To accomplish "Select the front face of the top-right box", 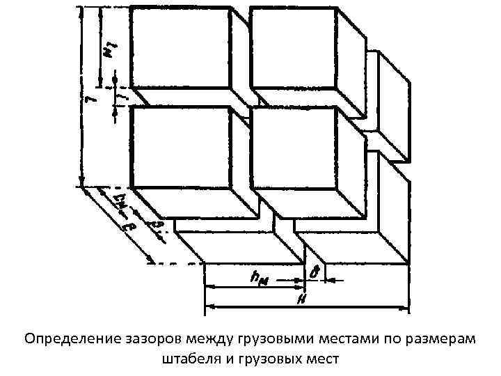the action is point(293,49).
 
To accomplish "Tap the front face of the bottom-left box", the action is point(180,148).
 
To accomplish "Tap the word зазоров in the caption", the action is point(148,340).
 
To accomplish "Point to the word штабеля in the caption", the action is point(187,359).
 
